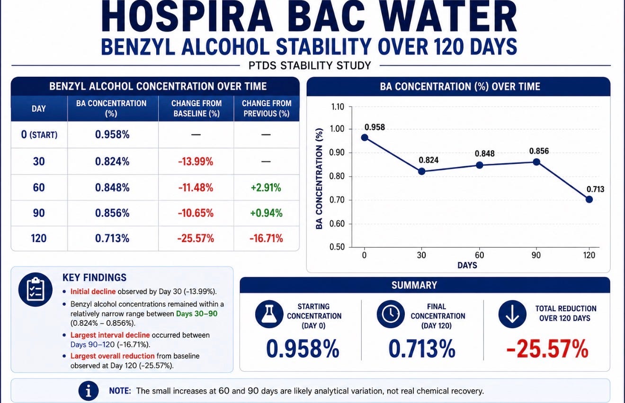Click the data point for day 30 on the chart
(x=421, y=171)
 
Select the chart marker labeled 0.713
(x=589, y=199)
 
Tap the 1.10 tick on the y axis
(x=337, y=107)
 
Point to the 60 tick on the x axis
(x=479, y=255)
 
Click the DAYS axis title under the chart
(x=467, y=265)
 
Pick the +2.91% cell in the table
(x=266, y=188)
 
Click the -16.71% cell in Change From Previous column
(x=266, y=238)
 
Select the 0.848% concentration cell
(x=112, y=188)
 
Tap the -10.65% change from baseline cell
(x=196, y=213)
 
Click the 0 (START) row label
(x=39, y=135)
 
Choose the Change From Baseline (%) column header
(x=196, y=108)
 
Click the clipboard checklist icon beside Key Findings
(x=36, y=289)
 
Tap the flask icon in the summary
(x=269, y=314)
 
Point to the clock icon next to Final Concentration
(x=391, y=314)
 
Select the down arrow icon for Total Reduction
(x=512, y=314)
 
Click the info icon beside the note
(x=89, y=391)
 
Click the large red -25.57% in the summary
(x=547, y=349)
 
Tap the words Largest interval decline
(x=110, y=335)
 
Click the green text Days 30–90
(x=196, y=313)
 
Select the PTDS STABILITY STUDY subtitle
(x=310, y=65)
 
